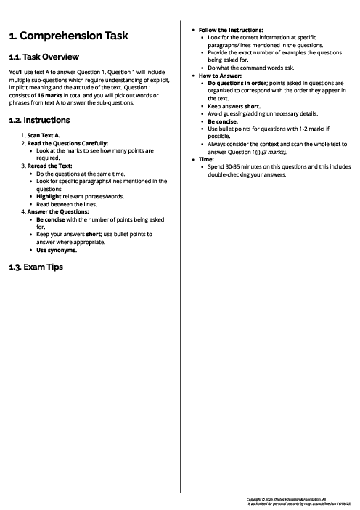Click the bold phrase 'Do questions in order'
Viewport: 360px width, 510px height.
coord(238,83)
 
